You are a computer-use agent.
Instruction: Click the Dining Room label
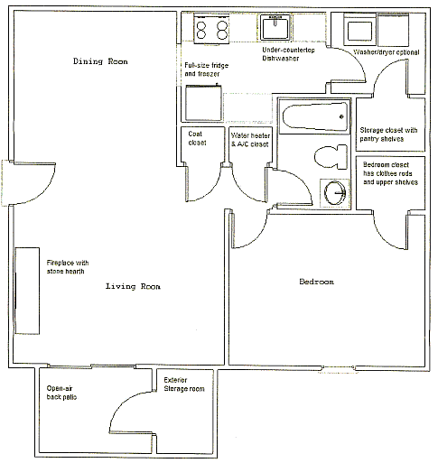[x=100, y=61]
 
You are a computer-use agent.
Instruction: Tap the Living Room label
[x=133, y=286]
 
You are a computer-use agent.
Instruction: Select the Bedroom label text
[x=316, y=282]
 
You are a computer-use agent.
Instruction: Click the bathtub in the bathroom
[x=315, y=116]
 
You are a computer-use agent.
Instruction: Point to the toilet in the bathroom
[x=331, y=157]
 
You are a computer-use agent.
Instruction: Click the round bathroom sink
[x=335, y=192]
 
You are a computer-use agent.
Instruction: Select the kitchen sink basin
[x=275, y=27]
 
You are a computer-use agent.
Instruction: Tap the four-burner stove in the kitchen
[x=211, y=29]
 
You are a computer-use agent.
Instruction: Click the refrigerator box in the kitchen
[x=203, y=103]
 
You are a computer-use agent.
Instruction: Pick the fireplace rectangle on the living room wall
[x=27, y=291]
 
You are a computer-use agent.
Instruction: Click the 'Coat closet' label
[x=197, y=138]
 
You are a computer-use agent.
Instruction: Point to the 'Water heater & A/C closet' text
[x=250, y=140]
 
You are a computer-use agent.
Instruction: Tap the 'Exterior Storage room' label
[x=184, y=384]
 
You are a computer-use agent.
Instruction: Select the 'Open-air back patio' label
[x=61, y=393]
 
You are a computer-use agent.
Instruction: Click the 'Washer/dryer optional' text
[x=387, y=52]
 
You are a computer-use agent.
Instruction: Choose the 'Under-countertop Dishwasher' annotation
[x=288, y=54]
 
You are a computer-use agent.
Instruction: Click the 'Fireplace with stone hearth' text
[x=68, y=267]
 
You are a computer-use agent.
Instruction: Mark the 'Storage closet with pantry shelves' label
[x=388, y=134]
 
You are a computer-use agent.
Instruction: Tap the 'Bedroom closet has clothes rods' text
[x=387, y=169]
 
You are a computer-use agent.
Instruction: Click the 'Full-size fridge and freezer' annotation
[x=207, y=69]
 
